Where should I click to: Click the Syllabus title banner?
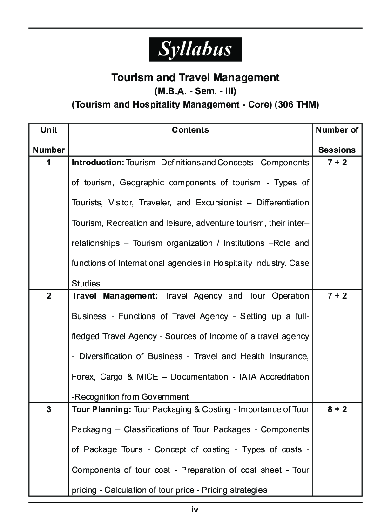195,49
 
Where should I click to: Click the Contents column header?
190,130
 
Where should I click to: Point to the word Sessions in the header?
337,150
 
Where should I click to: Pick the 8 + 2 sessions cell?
337,409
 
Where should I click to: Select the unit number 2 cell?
49,296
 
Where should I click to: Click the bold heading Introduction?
98,163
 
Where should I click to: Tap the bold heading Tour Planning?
101,409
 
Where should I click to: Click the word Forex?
82,376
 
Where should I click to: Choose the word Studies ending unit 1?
86,283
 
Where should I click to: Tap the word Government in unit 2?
168,397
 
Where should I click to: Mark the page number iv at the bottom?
195,510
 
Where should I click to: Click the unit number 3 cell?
49,409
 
